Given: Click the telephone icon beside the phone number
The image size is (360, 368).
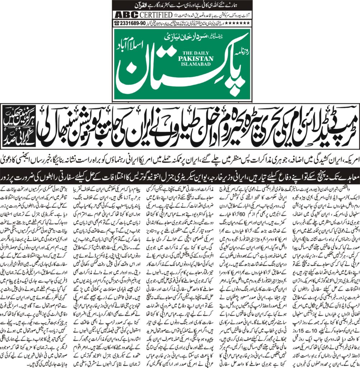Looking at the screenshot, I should [117, 23].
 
